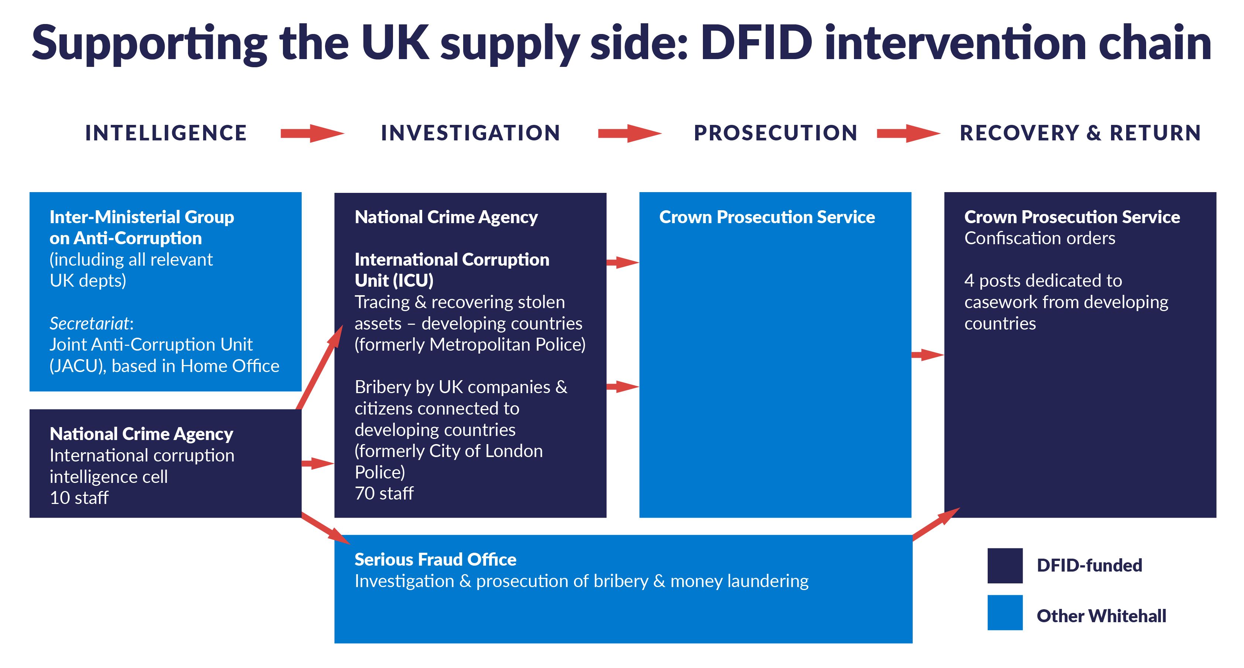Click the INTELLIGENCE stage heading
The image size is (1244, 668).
pos(165,133)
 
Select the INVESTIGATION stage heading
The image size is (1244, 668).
pos(470,133)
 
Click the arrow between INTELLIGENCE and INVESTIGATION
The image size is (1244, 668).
pos(312,133)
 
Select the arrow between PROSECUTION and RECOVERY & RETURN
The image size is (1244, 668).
pos(908,133)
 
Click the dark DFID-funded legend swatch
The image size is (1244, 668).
pos(1005,565)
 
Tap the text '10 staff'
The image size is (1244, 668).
pos(79,498)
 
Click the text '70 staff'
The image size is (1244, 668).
pos(384,493)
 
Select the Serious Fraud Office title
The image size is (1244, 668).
pos(435,559)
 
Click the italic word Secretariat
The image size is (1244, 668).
pos(90,323)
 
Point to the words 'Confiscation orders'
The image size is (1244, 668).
pos(1039,238)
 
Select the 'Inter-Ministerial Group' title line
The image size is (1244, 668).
pos(141,217)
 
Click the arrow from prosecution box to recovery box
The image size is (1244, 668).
pos(927,355)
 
